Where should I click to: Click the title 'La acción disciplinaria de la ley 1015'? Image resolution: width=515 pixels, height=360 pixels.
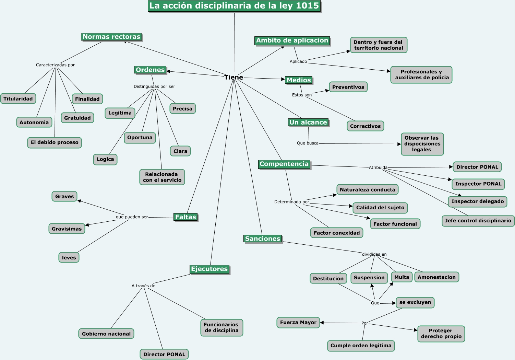[x=234, y=6]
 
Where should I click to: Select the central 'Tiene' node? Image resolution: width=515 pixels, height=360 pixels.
[x=234, y=78]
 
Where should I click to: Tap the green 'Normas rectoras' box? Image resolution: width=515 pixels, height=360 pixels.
[x=111, y=37]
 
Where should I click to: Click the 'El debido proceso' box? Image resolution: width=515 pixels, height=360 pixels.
[x=55, y=142]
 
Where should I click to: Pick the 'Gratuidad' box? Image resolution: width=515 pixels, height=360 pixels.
[x=77, y=118]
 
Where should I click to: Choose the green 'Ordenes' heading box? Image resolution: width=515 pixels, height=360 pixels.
[x=150, y=70]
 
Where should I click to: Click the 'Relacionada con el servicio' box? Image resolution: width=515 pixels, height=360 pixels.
[x=162, y=177]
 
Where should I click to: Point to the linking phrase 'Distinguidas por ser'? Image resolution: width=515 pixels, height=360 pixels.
[x=154, y=86]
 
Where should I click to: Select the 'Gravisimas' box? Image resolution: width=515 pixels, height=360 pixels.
[x=67, y=229]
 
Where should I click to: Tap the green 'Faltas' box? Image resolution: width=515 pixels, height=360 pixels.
[x=185, y=217]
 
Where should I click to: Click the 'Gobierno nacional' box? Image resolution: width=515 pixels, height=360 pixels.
[x=106, y=334]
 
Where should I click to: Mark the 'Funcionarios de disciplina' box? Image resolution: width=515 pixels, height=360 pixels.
[x=221, y=327]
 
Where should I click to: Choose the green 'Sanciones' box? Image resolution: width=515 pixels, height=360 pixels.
[x=263, y=239]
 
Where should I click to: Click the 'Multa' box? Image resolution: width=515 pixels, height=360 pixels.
[x=402, y=277]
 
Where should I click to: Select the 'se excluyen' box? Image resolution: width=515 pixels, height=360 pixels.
[x=415, y=302]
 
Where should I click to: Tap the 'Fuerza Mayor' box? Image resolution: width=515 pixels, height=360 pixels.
[x=298, y=322]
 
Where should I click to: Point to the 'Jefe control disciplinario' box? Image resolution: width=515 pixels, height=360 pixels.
[x=478, y=221]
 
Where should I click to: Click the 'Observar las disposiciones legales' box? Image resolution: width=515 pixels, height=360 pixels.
[x=422, y=144]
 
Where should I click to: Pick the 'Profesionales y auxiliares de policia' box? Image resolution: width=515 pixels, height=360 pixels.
[x=421, y=75]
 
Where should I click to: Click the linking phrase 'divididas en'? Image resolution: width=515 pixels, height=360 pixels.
[x=374, y=254]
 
